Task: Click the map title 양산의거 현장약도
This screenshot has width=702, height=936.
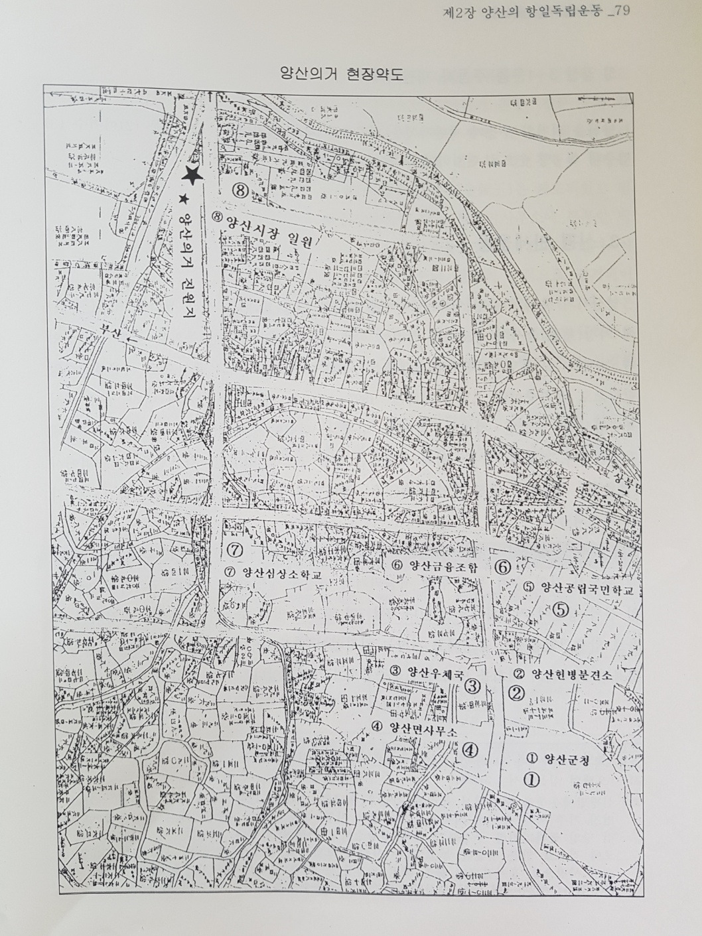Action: click(352, 73)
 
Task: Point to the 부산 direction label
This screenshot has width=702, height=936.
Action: click(108, 334)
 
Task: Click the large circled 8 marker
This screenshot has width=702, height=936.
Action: click(240, 191)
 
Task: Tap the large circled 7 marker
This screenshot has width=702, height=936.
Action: click(235, 550)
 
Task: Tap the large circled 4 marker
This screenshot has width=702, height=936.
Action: click(469, 750)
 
